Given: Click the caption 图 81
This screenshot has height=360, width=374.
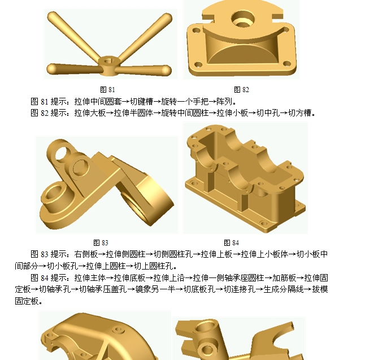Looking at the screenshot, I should (107, 90).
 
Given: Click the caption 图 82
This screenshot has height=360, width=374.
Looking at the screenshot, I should (242, 90).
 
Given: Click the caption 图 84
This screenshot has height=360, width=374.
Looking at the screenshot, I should (232, 242).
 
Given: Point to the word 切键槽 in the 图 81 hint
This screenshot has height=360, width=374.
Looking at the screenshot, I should (141, 102).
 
